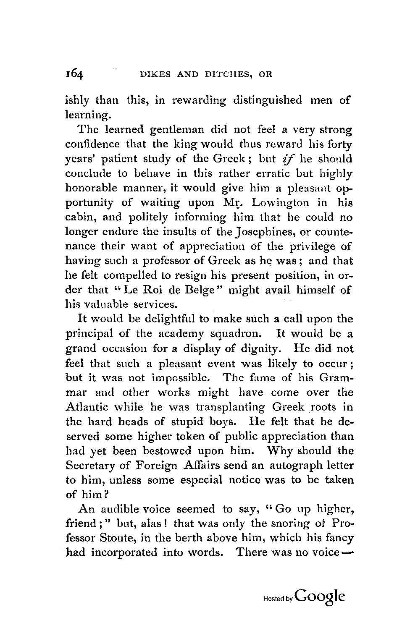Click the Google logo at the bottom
[x=320, y=597]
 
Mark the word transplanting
[x=226, y=407]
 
